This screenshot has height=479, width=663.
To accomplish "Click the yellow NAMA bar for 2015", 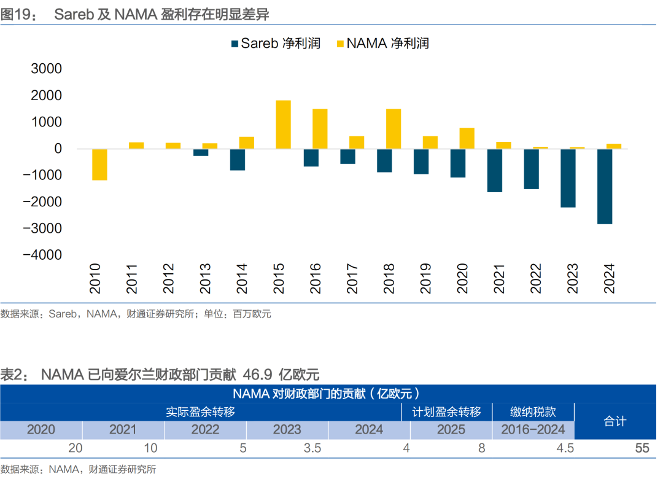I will coord(283,124).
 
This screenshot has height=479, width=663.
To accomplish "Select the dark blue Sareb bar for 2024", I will coord(605,186).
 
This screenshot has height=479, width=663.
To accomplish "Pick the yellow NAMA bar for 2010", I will coord(99,164).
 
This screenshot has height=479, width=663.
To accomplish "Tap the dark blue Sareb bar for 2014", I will coord(238,159).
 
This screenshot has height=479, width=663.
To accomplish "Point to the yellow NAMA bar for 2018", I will coord(394,128).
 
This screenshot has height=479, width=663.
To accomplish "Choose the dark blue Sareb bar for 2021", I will coord(494,170).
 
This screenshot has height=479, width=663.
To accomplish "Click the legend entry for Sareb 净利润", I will coord(275,44).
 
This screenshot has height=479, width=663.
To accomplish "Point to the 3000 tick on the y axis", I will coord(47,69).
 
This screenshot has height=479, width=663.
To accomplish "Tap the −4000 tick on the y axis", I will coord(43,254).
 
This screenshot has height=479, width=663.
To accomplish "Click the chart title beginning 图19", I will coord(135,14).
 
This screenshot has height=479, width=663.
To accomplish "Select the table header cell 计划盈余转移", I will coord(446,411).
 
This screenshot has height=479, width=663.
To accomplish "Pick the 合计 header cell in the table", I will coord(615,421).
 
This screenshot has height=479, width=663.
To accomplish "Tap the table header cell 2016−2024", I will coord(533,429).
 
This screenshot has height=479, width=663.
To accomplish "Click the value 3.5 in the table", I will coord(312,448).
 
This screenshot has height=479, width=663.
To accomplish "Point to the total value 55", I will coord(642,448).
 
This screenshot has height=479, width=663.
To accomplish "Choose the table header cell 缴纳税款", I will coord(533,411).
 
